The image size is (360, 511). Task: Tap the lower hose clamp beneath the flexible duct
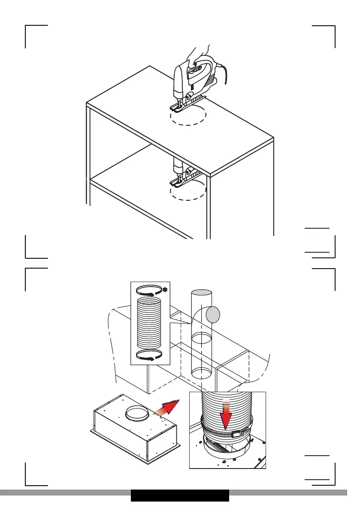coord(148,354)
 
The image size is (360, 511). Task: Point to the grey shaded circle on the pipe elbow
coord(213,316)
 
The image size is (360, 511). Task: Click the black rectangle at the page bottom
coord(180,495)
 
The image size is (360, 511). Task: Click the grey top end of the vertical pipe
coord(201,293)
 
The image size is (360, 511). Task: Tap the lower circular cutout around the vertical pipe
coord(201,372)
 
